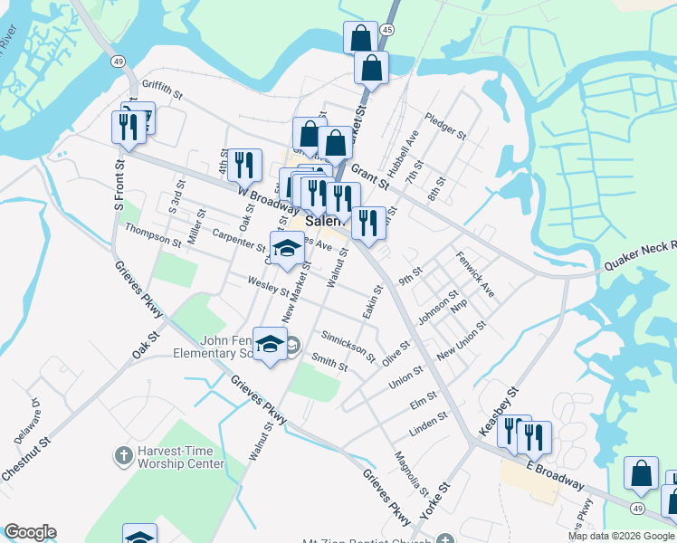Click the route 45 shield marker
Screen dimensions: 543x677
(387, 30)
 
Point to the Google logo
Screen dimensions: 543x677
(30, 532)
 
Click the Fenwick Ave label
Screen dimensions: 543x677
(475, 275)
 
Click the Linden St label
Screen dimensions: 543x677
(429, 423)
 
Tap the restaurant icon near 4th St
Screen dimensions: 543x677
(244, 165)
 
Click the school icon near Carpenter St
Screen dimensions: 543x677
(287, 247)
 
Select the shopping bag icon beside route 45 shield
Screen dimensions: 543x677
(360, 38)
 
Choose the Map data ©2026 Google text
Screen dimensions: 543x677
(621, 536)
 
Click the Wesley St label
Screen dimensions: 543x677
(268, 286)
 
